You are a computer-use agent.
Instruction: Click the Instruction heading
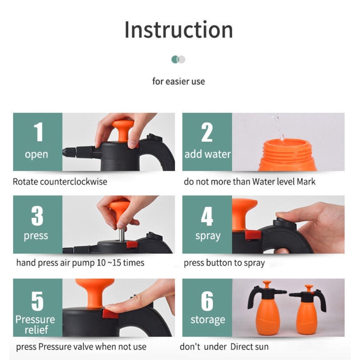point(179,30)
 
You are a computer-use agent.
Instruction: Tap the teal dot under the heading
point(175,59)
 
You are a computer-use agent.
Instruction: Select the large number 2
point(207,132)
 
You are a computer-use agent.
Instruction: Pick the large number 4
point(207,216)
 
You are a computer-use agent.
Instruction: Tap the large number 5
point(37,301)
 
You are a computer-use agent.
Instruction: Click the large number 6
point(207,301)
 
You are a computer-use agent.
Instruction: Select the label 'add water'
point(207,154)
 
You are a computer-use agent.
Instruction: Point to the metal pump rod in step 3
point(121,234)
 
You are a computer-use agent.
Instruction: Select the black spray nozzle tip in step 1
point(69,152)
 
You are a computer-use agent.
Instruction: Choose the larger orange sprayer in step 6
point(267,307)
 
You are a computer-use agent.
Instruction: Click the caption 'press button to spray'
point(224,263)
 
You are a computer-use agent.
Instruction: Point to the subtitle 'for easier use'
point(179,81)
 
